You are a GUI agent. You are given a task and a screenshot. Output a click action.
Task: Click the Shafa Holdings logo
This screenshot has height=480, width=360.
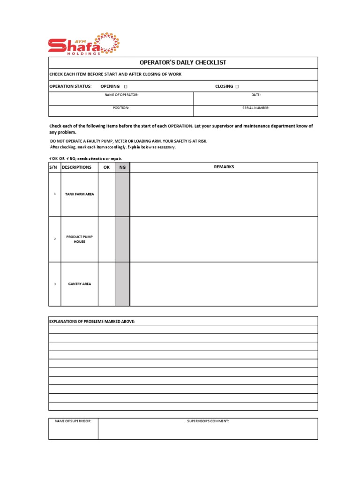80,45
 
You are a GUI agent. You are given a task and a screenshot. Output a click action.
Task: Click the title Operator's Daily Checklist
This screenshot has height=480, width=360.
183,62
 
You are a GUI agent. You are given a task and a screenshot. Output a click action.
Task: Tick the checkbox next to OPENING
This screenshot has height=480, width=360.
126,86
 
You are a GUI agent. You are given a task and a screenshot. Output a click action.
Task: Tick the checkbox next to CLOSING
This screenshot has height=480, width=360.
237,86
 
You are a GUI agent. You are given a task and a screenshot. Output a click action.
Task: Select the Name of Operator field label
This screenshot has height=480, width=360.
121,95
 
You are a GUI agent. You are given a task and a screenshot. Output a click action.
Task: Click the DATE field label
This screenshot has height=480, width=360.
255,95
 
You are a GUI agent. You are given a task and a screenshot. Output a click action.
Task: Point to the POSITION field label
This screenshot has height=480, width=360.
121,108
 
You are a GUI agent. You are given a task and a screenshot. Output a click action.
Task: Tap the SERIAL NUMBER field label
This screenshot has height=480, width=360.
255,108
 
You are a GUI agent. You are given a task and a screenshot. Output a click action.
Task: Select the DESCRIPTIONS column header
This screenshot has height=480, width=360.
76,167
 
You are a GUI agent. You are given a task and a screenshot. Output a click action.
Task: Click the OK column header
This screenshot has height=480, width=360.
106,167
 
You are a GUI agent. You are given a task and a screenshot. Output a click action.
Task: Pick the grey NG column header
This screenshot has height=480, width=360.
122,167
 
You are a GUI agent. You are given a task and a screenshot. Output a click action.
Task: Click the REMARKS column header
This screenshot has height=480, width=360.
224,167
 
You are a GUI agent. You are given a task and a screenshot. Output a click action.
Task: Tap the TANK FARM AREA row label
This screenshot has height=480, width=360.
79,194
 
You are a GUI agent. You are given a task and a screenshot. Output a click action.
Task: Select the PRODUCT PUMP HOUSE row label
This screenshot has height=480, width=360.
79,239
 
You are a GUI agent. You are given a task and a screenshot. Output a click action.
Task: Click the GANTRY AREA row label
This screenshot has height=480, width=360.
79,284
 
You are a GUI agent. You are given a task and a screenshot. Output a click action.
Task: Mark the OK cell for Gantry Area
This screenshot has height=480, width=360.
106,284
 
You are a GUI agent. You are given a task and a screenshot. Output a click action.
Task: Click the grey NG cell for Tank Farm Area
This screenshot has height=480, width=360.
122,194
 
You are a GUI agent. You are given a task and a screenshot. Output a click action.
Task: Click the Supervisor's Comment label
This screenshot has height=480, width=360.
208,421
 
